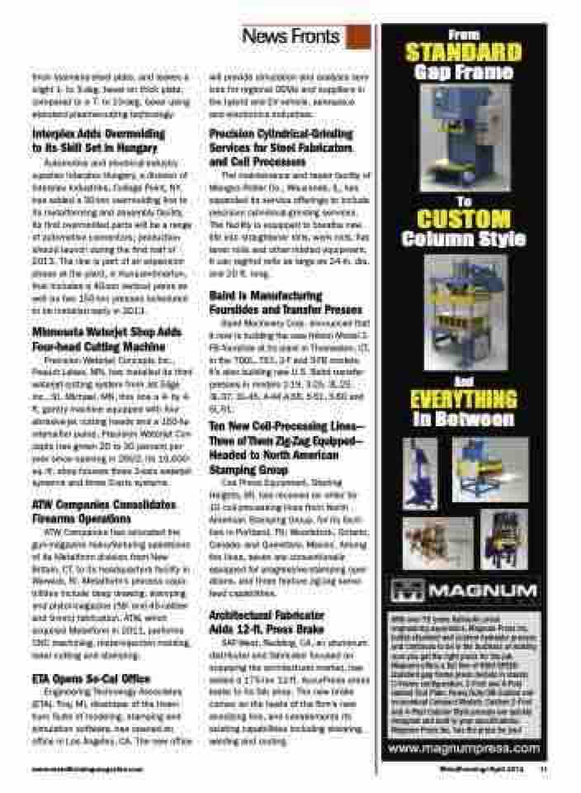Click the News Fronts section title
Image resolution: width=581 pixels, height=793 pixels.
[290, 36]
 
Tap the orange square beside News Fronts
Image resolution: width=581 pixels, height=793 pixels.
[358, 36]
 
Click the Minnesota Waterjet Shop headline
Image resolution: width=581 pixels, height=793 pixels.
[100, 338]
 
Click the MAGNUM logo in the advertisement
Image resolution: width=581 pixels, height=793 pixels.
[461, 592]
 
